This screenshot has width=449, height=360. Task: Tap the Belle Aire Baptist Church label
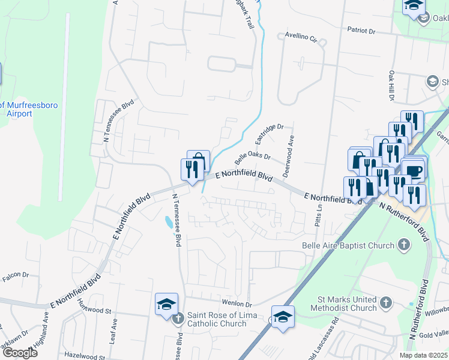pos(348,245)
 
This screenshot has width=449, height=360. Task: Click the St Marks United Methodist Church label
pos(344,304)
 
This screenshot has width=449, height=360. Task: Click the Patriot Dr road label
pos(369,29)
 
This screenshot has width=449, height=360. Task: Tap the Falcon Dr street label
pos(16,274)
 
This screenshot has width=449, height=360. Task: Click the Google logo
pos(20,353)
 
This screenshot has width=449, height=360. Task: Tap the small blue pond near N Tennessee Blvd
pos(166,223)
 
